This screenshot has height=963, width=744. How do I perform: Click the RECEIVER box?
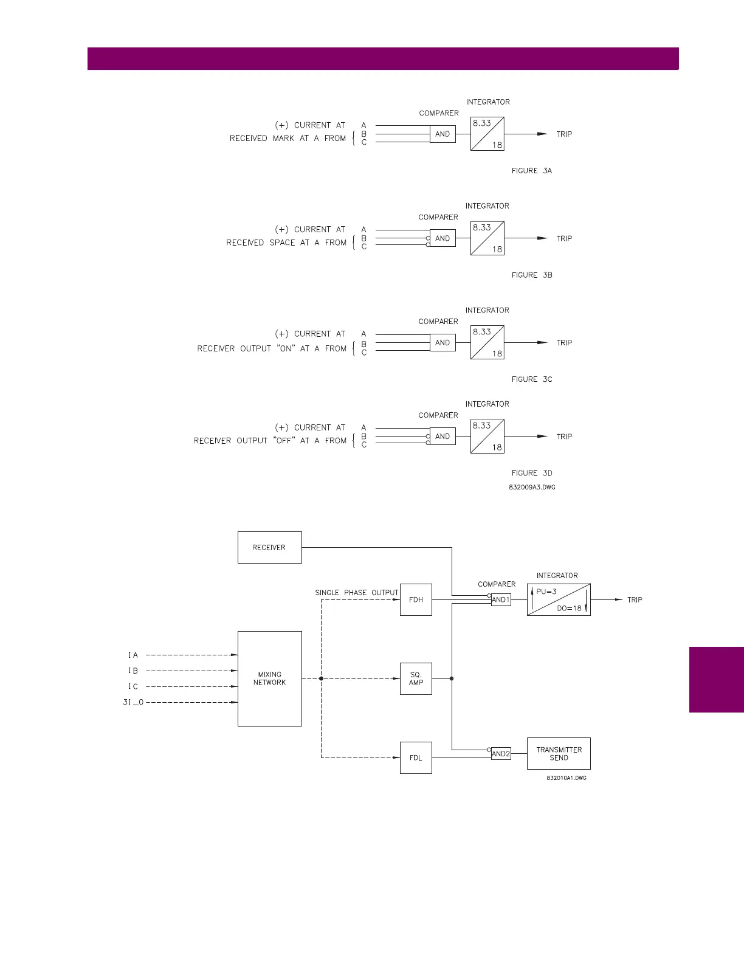point(269,547)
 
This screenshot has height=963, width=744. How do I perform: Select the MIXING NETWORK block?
point(269,678)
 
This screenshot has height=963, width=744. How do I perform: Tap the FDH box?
point(416,599)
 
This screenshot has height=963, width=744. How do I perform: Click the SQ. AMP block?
point(416,678)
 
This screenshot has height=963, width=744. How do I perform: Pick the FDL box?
point(416,758)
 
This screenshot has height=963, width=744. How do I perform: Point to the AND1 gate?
point(501,599)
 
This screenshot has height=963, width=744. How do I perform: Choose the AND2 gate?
point(501,754)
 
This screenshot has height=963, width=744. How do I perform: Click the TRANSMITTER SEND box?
point(559,754)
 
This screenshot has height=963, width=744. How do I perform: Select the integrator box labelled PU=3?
point(559,599)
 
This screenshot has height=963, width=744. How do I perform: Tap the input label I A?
point(133,655)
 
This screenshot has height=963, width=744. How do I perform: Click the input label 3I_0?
point(133,702)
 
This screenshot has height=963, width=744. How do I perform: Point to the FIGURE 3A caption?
point(532,171)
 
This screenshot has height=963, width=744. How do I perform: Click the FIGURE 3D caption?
point(532,473)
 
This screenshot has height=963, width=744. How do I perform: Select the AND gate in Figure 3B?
point(443,238)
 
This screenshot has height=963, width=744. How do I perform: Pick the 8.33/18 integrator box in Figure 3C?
point(487,342)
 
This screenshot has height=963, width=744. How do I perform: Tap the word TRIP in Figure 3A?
point(564,134)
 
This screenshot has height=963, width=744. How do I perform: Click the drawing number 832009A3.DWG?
point(532,488)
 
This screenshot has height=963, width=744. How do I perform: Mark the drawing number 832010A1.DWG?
point(566,778)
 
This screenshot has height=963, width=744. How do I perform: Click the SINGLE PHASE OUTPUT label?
point(357,593)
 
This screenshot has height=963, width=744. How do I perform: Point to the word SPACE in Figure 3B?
point(282,243)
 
